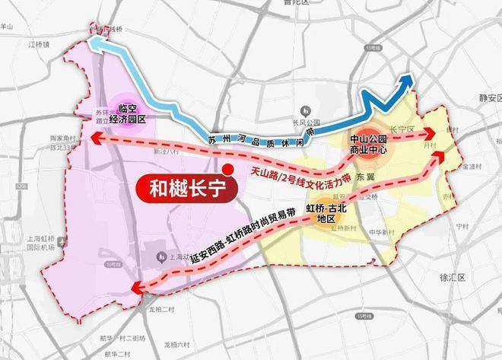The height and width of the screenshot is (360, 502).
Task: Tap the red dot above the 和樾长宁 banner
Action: (226, 170)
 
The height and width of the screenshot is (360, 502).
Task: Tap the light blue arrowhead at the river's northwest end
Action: (95, 44)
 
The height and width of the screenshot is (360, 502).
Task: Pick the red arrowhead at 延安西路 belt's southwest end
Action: (137, 287)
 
